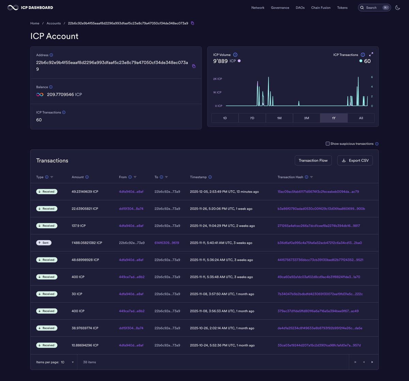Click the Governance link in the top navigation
pos(280,8)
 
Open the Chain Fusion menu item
pos(321,8)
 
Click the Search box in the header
pos(374,8)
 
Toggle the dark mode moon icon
pos(397,8)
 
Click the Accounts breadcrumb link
pos(54,23)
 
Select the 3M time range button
pos(306,118)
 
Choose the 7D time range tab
pos(252,118)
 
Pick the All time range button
pos(361,118)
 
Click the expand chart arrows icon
pos(371,54)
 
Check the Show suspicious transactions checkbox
pos(328,144)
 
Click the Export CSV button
pos(355,160)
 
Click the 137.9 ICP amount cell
pos(79,226)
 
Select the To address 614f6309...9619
pos(167,243)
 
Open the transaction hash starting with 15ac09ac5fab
pos(318,192)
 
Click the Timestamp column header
pos(198,177)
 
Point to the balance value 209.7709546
pos(60,95)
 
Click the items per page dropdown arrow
pos(73,362)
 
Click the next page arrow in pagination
pos(372,362)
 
